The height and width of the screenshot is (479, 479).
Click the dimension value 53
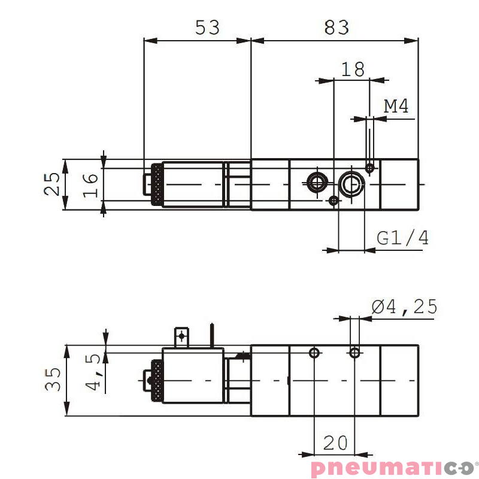coord(208,27)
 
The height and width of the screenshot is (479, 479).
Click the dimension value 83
coord(336,27)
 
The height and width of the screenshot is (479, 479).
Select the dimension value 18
coord(353,69)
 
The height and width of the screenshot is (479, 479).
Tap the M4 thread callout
coord(396,107)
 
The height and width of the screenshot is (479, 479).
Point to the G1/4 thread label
coord(403,238)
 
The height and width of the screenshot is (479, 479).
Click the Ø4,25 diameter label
coord(405,307)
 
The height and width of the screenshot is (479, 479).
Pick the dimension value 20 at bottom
coord(335,443)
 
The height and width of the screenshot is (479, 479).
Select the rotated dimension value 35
coord(53,379)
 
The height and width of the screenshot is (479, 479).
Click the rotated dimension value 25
coord(53,184)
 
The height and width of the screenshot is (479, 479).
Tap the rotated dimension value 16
coord(89,184)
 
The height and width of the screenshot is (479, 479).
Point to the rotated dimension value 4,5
coord(94,372)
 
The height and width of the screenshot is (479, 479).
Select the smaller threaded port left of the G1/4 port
coord(316,182)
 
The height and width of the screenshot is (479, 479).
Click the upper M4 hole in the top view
coord(371,168)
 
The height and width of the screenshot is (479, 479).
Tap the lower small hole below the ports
coord(334,201)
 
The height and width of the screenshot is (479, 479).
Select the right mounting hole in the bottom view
coord(355,353)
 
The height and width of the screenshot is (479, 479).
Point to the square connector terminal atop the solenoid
coord(181,338)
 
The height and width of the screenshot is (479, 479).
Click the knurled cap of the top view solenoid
coord(157,184)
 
